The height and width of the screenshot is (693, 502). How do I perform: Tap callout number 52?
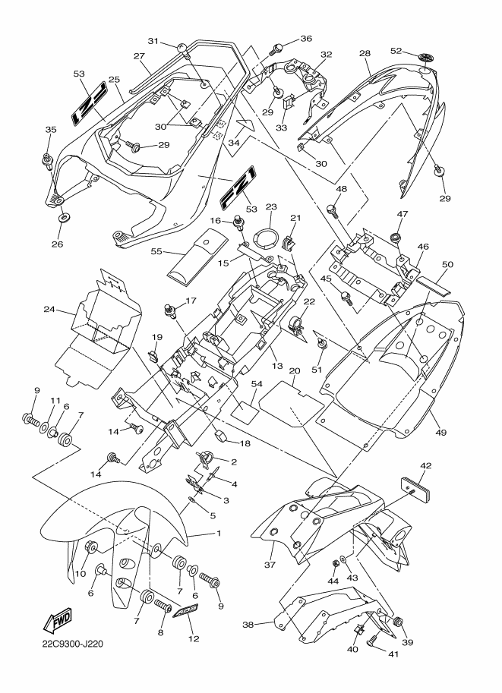click(x=396, y=51)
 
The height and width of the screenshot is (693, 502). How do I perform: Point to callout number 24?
click(x=49, y=310)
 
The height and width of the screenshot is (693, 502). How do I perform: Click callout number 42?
click(x=426, y=466)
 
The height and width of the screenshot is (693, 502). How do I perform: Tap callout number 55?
click(x=156, y=251)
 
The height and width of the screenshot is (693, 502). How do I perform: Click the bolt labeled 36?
click(x=276, y=49)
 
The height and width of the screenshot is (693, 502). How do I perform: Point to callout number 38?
click(x=248, y=625)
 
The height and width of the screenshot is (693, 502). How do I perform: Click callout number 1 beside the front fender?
click(x=219, y=534)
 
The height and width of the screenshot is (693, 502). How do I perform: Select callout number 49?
click(x=440, y=432)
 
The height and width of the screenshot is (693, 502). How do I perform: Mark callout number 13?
click(x=277, y=366)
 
